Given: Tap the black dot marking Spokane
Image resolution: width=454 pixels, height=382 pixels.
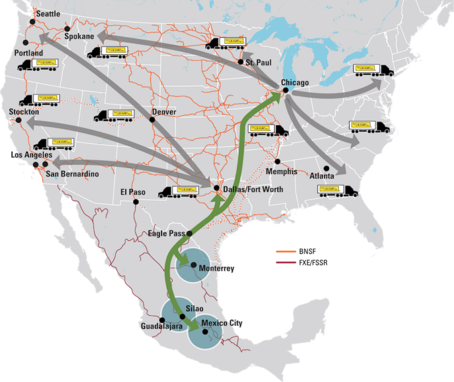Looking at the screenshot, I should pos(67,29).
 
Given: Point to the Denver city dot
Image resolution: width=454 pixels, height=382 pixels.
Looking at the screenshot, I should pos(152,119).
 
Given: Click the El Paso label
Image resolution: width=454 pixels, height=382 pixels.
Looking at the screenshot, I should pos(133,191).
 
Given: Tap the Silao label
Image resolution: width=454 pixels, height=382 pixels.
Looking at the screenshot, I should pos(194,309).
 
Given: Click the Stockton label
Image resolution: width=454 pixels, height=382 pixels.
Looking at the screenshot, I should pos(24,112).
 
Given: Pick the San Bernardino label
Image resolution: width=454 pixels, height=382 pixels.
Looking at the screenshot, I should pos(72,174).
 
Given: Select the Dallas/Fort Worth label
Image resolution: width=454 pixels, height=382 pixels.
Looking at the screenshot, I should pos(254,189).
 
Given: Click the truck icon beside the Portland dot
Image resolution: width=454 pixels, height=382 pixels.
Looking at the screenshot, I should pos(38,64).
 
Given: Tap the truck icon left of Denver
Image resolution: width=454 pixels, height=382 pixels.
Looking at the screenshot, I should pos(113,115).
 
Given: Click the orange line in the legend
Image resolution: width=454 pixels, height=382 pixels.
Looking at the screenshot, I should pos(286,252).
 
